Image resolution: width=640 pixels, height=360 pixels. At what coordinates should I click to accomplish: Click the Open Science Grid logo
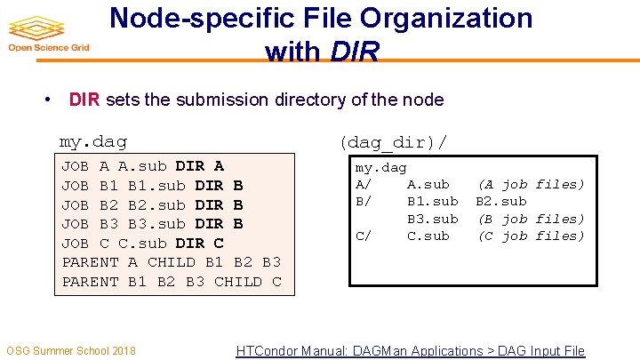tap(46, 34)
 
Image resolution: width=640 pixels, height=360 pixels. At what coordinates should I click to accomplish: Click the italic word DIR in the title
tap(354, 52)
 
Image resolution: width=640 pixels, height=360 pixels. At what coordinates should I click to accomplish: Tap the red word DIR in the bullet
tap(84, 100)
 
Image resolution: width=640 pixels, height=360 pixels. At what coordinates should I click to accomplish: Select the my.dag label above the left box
tap(92, 140)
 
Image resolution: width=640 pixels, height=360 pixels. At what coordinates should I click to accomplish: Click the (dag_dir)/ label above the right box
tap(393, 141)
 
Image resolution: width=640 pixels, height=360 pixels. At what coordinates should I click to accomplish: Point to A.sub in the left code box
tap(142, 166)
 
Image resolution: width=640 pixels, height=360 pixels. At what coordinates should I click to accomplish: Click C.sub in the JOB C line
tap(142, 244)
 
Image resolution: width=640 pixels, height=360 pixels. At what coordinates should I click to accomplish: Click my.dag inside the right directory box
tap(380, 167)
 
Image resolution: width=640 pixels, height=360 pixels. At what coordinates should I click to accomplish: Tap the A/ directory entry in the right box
tap(364, 184)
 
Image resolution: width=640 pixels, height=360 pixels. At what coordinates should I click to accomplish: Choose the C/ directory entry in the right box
tap(364, 236)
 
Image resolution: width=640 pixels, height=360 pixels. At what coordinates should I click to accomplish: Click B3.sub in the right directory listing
tap(433, 219)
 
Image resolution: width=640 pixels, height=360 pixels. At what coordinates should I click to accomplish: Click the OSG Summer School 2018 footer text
tap(71, 350)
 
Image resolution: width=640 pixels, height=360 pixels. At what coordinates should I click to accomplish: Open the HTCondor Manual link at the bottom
tap(410, 351)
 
